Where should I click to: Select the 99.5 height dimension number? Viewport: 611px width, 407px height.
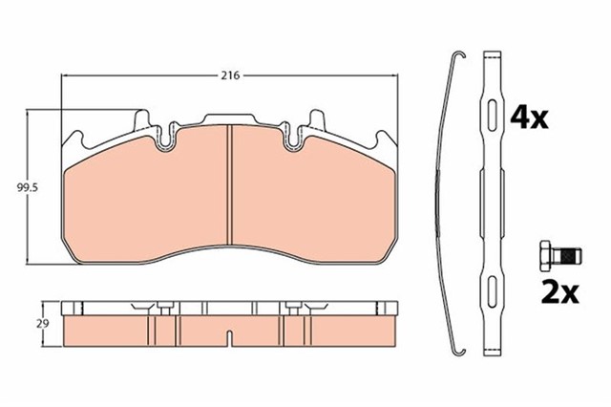[14, 188]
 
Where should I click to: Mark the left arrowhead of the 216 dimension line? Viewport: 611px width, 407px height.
[64, 75]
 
